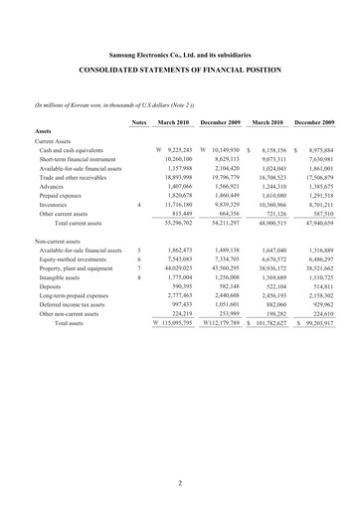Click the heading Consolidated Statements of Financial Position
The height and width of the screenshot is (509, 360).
180,73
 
